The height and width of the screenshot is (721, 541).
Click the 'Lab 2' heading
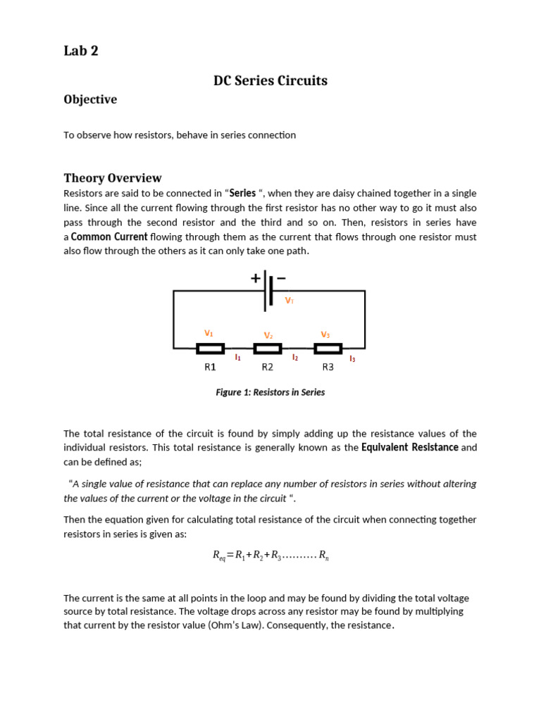81,51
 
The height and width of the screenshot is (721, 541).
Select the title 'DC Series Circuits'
270,81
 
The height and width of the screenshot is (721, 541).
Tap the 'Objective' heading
90,100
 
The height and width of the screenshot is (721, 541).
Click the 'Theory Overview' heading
113,178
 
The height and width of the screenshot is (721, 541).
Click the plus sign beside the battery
255,278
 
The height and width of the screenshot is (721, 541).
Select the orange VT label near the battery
289,301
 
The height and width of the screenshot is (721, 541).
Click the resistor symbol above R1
210,349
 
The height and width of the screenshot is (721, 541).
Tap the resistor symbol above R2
268,349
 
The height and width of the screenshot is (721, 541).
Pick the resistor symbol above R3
328,349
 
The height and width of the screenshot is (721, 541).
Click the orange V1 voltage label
209,333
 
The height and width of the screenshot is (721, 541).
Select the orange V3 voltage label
325,334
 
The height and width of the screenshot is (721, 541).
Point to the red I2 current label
295,358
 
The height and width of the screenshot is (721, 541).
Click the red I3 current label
352,359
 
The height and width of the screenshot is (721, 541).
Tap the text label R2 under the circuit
268,367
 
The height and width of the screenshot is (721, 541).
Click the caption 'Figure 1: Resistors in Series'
270,393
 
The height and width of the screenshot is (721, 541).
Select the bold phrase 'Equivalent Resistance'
410,448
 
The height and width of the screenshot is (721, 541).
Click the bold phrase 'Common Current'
109,237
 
